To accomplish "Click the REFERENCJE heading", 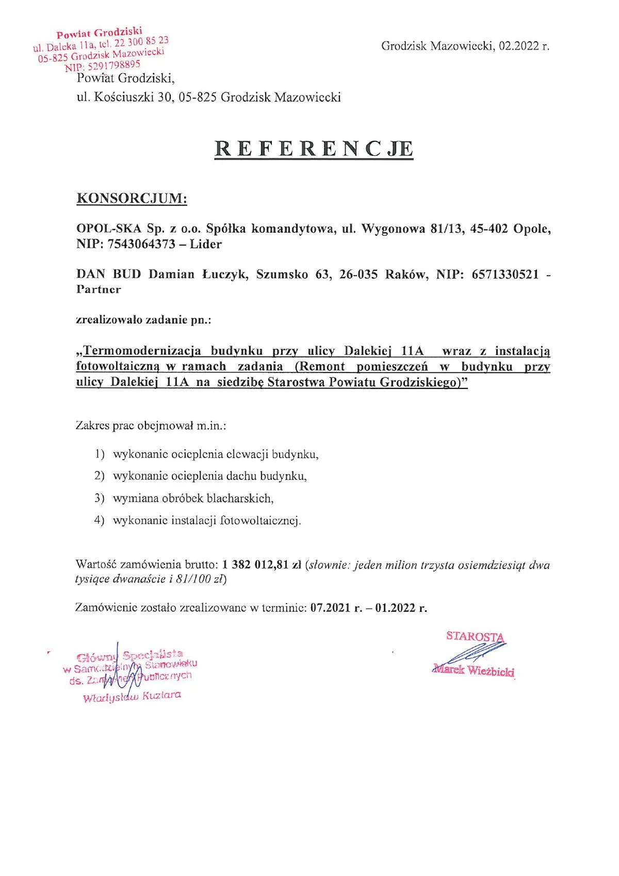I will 314,149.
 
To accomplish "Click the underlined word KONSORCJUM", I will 132,199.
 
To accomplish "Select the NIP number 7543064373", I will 141,245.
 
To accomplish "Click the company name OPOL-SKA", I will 109,229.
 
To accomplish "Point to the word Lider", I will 206,245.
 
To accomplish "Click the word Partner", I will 99,289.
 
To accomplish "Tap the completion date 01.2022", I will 395,608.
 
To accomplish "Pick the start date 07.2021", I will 331,608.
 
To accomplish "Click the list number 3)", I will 100,498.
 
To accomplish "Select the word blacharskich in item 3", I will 240,498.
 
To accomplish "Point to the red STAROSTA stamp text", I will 475,637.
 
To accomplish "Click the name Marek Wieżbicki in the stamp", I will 474,671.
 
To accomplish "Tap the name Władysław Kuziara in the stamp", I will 132,696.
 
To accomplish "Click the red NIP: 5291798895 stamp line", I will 102,66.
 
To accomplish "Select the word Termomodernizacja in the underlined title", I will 142,351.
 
